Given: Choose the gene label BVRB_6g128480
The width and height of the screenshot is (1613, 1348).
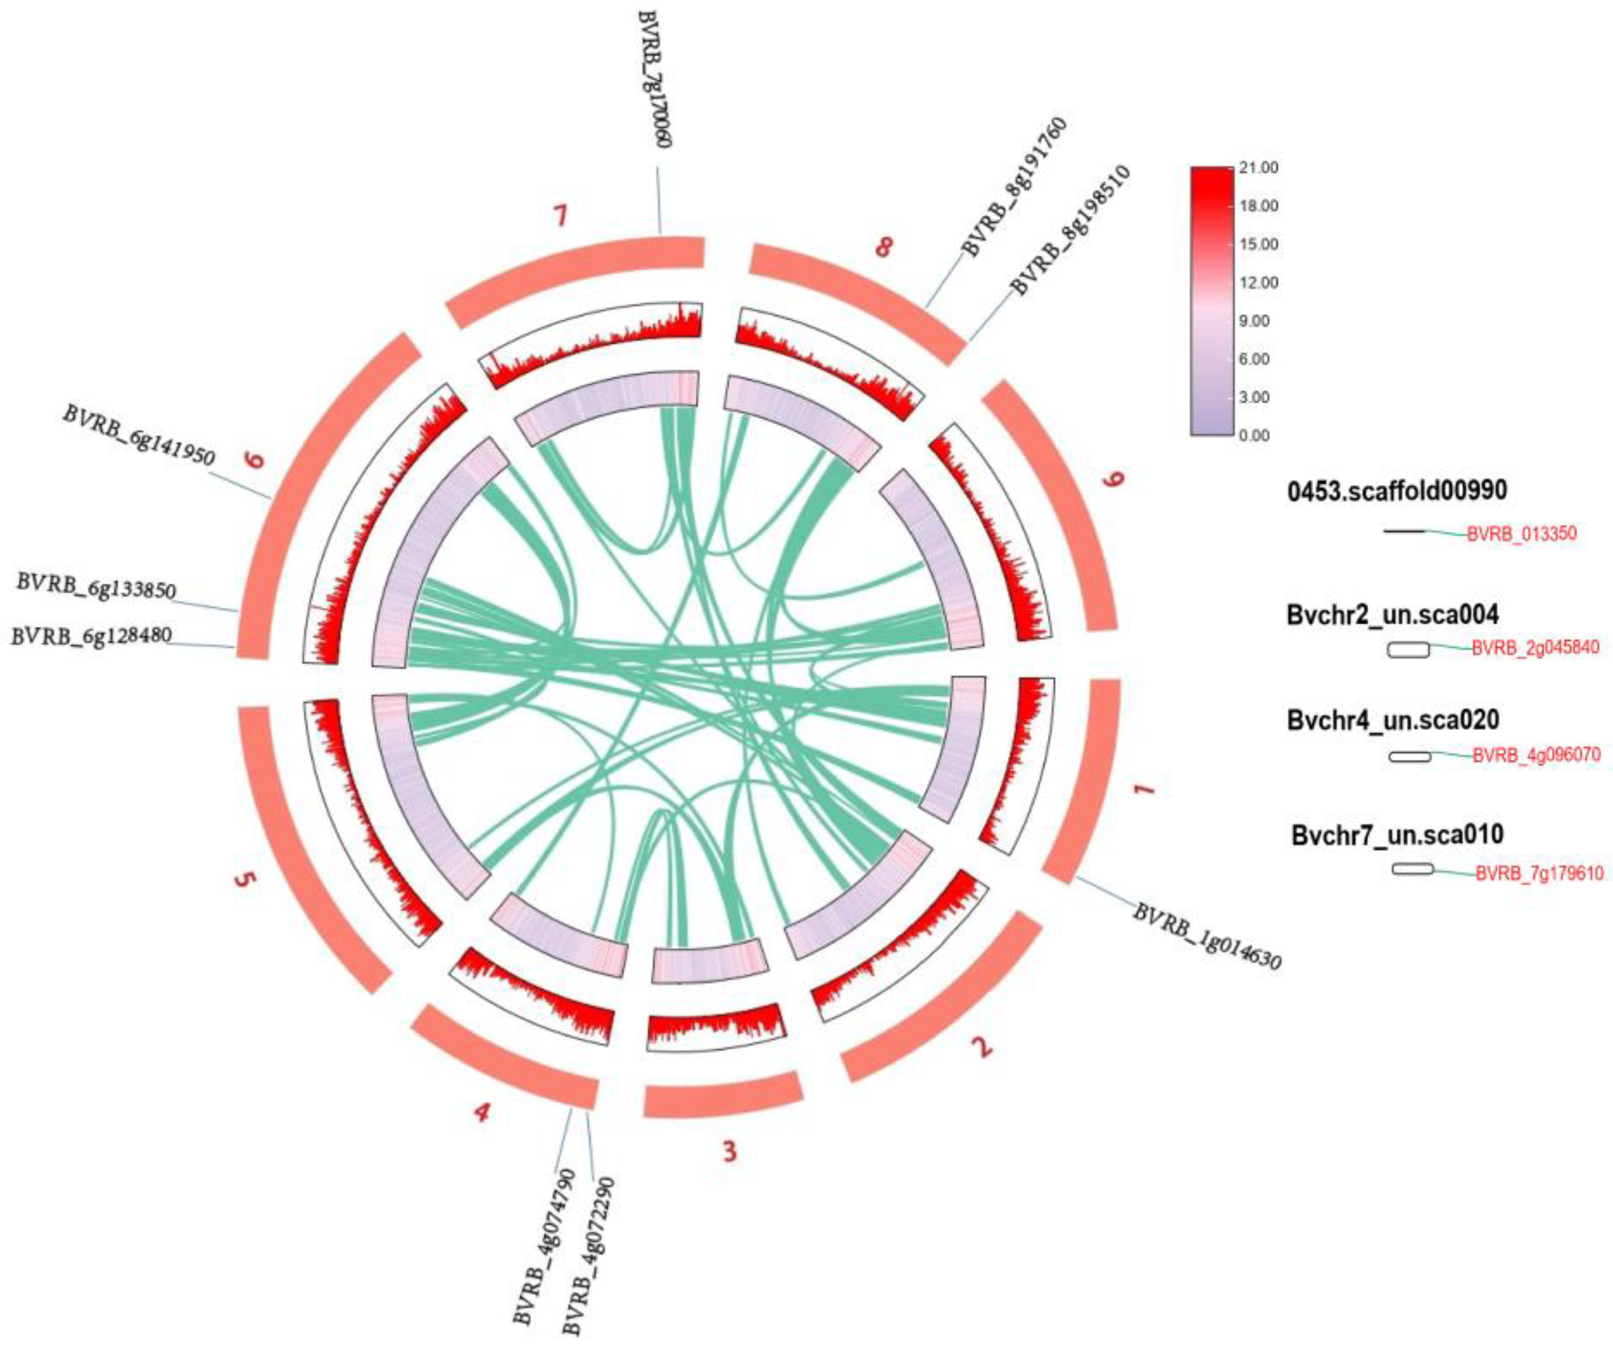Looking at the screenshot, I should click(91, 636).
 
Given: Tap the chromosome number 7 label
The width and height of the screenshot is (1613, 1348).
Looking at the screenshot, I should click(562, 216).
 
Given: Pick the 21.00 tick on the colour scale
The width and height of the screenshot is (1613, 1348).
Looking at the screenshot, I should click(1258, 167).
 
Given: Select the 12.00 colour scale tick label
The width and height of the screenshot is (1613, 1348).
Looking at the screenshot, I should click(1258, 283).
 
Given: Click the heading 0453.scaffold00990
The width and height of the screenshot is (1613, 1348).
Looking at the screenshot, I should click(1397, 490).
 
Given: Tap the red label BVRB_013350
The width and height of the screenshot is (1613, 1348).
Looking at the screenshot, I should click(1522, 534).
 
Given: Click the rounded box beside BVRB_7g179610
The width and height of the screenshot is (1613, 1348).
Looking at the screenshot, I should click(1413, 869).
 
